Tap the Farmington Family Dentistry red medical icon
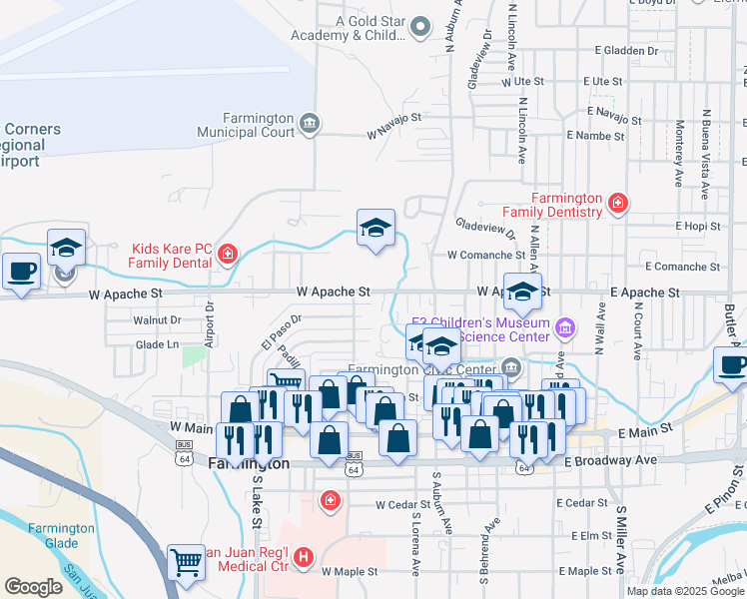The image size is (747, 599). (619, 204)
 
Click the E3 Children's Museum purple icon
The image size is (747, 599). (565, 327)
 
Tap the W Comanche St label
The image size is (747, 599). (479, 256)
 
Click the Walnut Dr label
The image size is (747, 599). (157, 320)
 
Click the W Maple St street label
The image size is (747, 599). (350, 572)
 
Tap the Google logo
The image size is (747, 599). (34, 587)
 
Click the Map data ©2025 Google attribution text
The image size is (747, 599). (686, 591)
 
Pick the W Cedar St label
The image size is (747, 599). (402, 504)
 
